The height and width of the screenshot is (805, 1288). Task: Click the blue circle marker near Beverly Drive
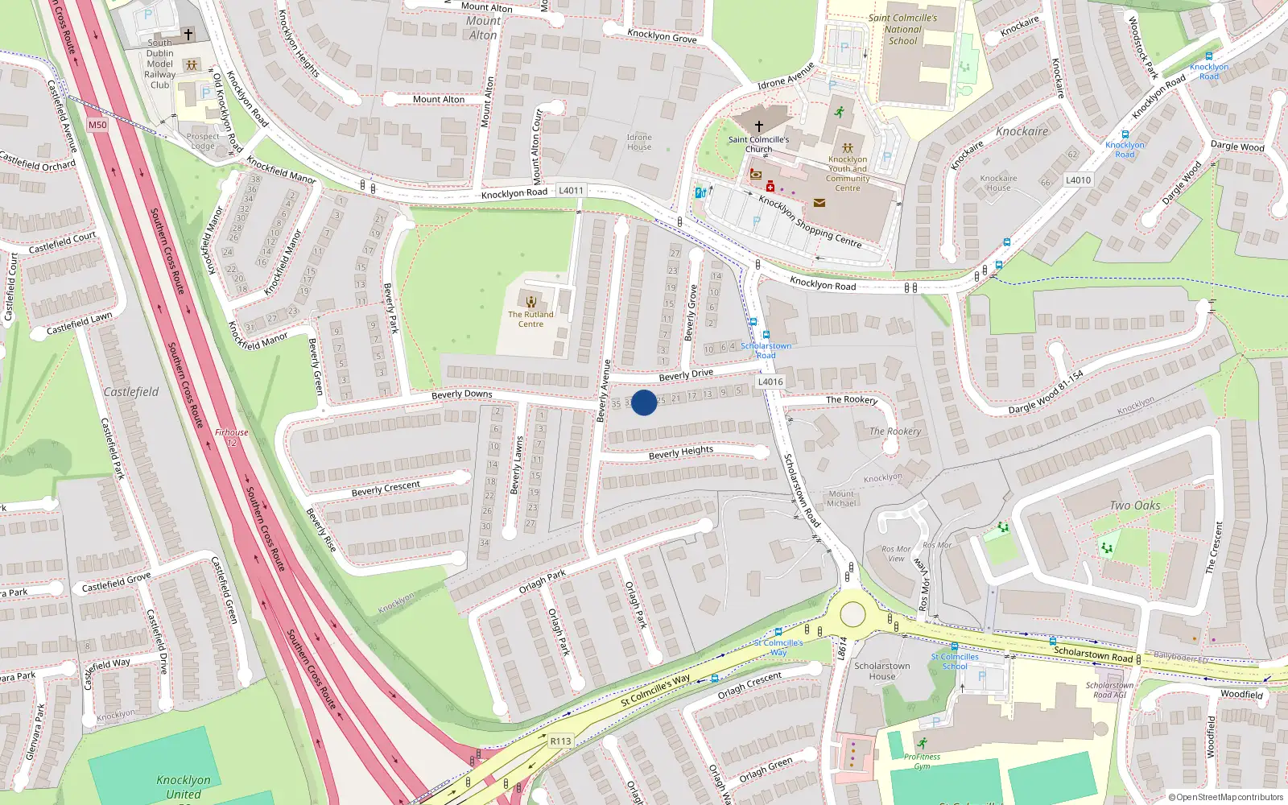pos(643,402)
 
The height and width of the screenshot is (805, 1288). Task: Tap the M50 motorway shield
pos(97,125)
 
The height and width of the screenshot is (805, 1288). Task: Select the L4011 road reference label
pos(571,191)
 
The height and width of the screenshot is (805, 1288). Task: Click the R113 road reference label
pos(561,741)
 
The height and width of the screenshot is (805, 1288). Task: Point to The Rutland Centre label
pos(530,319)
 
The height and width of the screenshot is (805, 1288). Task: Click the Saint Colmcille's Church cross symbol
pos(758,126)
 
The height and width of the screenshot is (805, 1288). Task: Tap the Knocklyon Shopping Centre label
pos(810,221)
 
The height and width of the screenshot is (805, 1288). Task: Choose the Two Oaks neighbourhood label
pos(1135,506)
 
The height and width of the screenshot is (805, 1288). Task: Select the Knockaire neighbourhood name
pos(1022,131)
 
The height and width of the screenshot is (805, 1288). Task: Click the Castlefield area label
pos(131,392)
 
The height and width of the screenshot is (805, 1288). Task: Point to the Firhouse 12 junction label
pos(232,437)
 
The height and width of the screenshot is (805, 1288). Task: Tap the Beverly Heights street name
pos(681,452)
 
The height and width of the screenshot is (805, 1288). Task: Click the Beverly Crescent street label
pos(386,489)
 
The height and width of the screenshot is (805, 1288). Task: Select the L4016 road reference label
pos(770,382)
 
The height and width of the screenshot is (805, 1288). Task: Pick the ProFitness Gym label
pos(922,761)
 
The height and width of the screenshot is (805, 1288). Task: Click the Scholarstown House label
pos(882,671)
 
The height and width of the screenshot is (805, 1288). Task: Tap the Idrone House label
pos(639,142)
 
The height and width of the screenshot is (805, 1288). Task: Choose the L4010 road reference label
pos(1078,180)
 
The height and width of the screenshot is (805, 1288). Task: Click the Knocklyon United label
pos(184,786)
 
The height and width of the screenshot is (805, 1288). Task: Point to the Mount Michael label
pos(841,498)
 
